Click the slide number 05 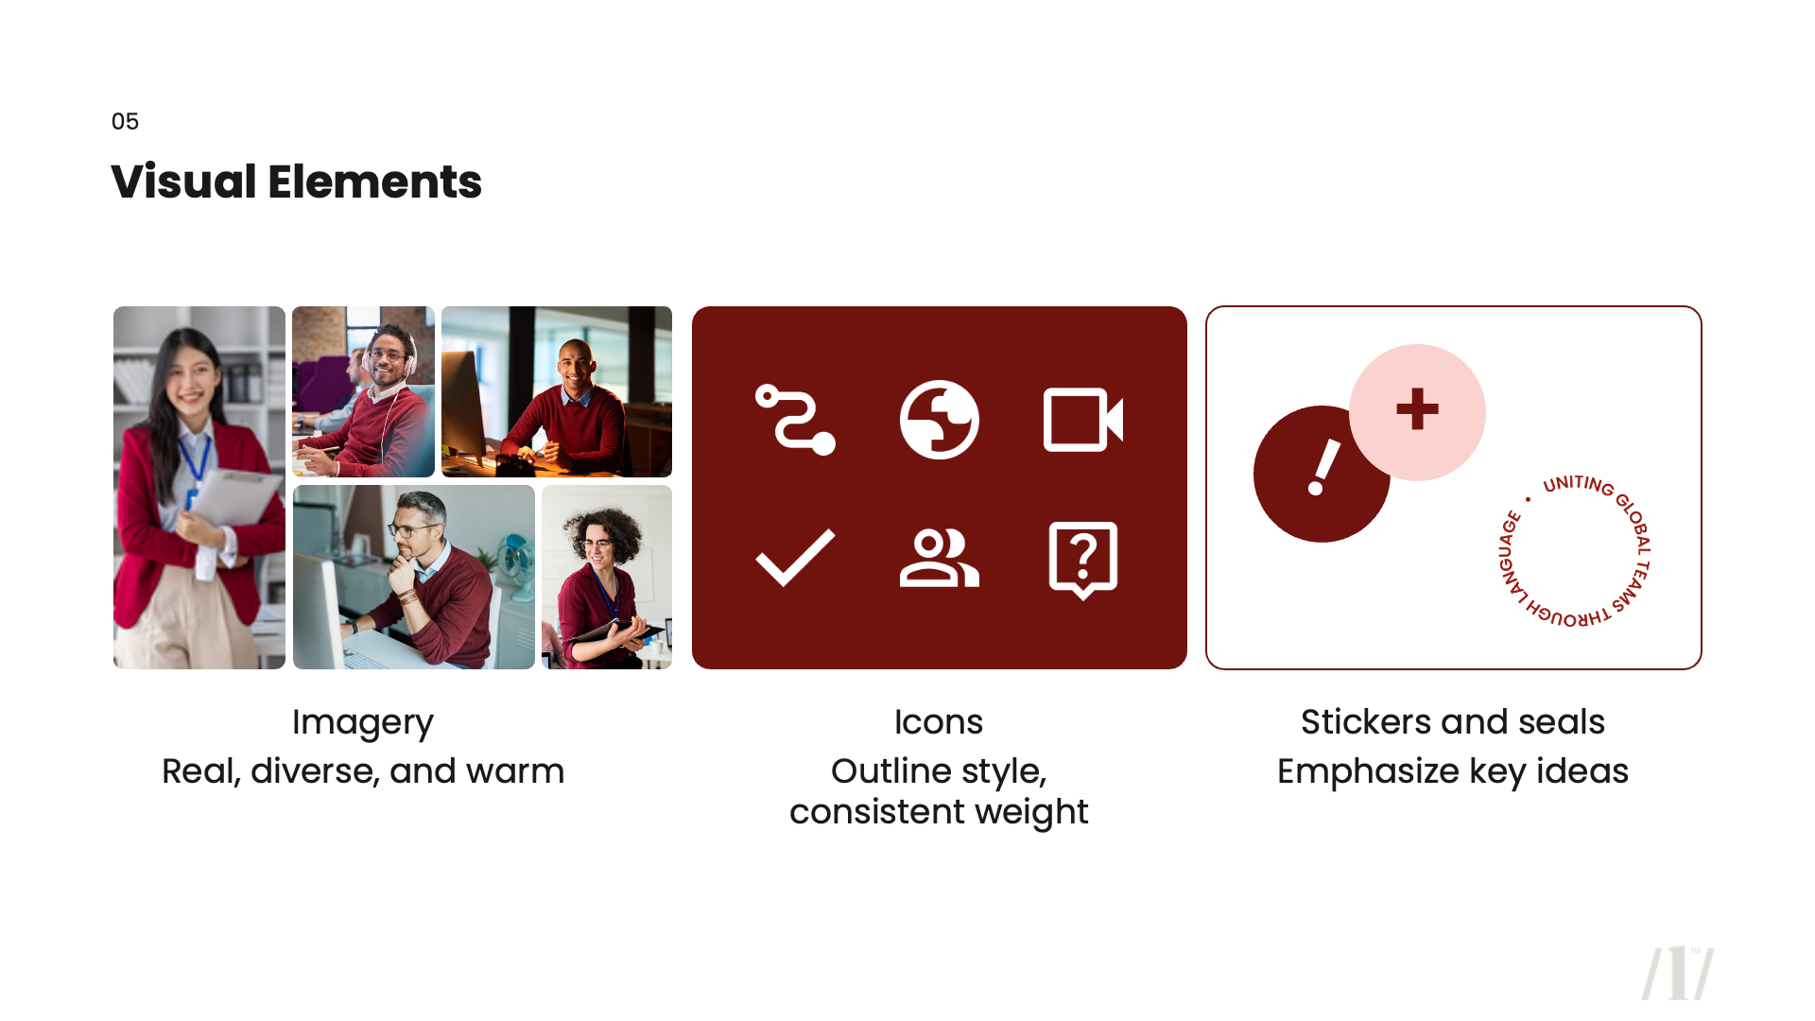(125, 122)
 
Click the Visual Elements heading (296, 182)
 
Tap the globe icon (939, 420)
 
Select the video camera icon (1082, 420)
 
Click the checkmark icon (795, 557)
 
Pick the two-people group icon (939, 559)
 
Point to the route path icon (795, 420)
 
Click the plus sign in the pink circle (1417, 409)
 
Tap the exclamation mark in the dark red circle (1322, 468)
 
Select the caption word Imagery (362, 722)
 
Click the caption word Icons (939, 722)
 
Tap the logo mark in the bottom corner (1677, 973)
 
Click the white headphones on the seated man (410, 360)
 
